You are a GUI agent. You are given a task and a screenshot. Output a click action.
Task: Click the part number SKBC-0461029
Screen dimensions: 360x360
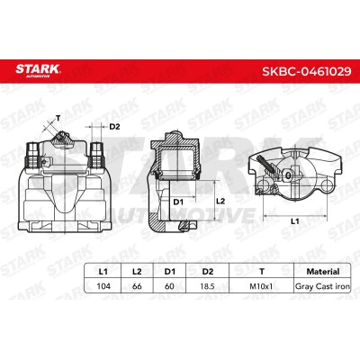(307, 71)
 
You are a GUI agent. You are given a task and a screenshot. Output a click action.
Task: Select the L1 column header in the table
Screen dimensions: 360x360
(103, 272)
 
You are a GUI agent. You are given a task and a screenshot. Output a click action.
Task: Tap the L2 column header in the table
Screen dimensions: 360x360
(137, 272)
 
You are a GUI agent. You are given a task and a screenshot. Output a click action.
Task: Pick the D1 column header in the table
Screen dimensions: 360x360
(169, 272)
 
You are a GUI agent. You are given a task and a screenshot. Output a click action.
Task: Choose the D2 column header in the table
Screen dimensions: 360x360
(208, 272)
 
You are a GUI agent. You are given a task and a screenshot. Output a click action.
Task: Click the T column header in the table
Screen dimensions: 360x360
(262, 272)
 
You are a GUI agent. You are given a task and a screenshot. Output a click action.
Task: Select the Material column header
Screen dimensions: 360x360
(323, 272)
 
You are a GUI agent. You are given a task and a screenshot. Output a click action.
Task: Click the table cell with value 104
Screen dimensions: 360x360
(103, 286)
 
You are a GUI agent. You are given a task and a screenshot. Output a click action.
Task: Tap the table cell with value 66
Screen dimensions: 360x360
(137, 286)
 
